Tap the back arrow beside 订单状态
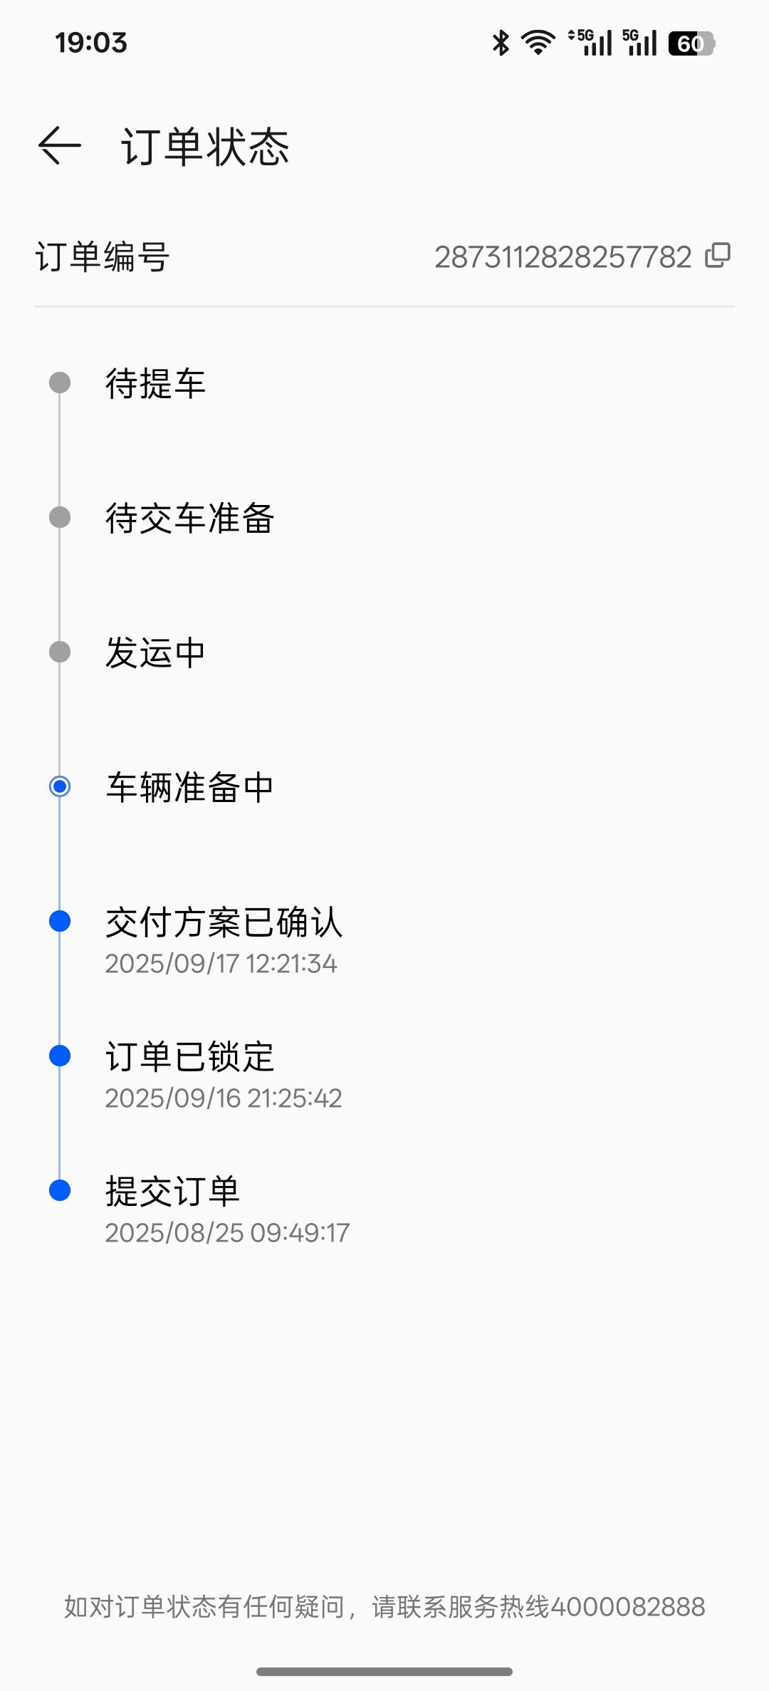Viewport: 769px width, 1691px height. tap(60, 146)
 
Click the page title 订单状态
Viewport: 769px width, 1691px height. tap(205, 147)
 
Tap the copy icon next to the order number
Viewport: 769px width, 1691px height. tap(718, 256)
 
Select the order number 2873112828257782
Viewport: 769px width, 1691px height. tap(563, 257)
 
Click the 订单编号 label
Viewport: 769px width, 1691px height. tap(103, 257)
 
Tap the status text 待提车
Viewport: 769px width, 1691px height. tap(155, 383)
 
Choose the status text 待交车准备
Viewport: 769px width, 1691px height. tap(189, 518)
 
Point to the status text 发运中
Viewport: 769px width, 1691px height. tap(155, 652)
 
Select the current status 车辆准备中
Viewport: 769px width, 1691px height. tap(189, 787)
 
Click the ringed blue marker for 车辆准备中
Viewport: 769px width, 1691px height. tap(60, 786)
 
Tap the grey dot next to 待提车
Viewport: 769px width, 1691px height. tap(60, 383)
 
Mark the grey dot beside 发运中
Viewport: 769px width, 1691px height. tap(60, 652)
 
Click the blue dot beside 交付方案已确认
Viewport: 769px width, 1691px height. tap(60, 921)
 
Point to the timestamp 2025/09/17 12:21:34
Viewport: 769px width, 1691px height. tap(221, 964)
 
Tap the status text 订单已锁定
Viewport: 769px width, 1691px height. tap(189, 1056)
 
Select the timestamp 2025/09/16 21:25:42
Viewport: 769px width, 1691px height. tap(224, 1098)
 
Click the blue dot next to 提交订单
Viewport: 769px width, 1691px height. tap(60, 1190)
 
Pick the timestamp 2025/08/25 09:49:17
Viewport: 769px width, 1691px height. tap(227, 1233)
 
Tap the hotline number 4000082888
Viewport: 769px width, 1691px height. tap(628, 1607)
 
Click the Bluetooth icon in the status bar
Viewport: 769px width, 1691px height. tap(501, 43)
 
